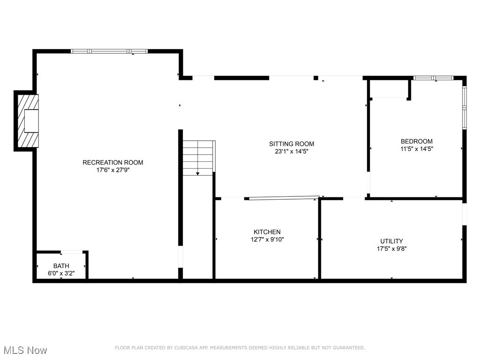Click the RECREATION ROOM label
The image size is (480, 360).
click(112, 163)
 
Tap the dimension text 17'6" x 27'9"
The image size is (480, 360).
click(112, 171)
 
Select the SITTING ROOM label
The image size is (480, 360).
click(291, 144)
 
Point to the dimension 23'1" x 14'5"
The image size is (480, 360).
click(291, 151)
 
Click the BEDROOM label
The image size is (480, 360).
click(416, 141)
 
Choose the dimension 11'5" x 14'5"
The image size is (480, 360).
click(416, 149)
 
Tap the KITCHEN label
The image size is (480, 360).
click(267, 232)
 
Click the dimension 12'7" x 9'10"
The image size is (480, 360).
click(267, 240)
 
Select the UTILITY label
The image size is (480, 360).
click(391, 241)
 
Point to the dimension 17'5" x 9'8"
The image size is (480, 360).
click(391, 249)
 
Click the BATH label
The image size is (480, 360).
click(61, 266)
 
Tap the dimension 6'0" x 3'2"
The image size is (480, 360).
click(61, 273)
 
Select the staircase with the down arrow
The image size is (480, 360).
click(198, 158)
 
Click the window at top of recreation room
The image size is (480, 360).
click(109, 51)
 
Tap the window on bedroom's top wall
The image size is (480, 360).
click(433, 78)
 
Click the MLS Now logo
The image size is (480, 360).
click(24, 350)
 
